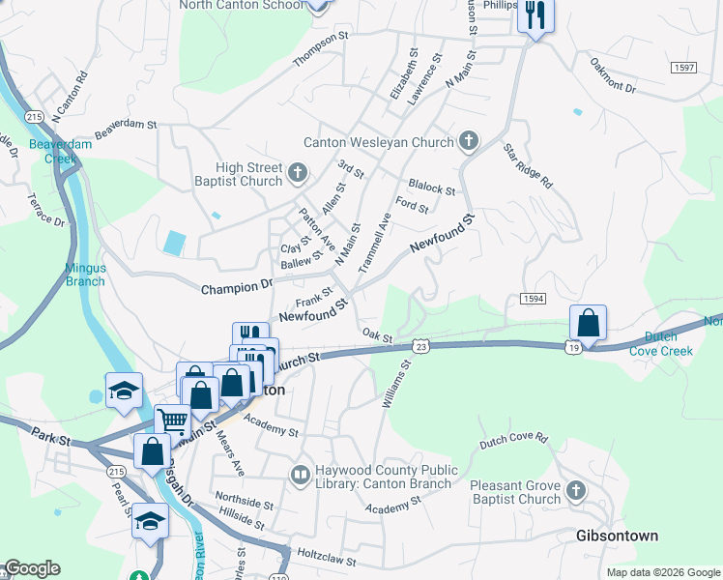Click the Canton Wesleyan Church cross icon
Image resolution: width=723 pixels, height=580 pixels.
[468, 142]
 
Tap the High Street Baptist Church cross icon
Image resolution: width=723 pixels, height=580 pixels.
[298, 175]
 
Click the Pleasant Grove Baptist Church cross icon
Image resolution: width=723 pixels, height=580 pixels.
[575, 490]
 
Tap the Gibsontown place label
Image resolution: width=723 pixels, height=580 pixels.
[617, 536]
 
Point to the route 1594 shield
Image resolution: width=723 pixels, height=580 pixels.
[533, 300]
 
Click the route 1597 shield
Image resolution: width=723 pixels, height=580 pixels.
[683, 66]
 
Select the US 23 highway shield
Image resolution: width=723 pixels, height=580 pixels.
[420, 345]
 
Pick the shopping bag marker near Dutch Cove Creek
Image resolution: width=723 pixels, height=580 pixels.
[588, 324]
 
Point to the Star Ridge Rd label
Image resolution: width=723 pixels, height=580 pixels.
[527, 166]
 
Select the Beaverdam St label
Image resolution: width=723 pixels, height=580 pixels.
[126, 125]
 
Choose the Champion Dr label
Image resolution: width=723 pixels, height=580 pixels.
[237, 287]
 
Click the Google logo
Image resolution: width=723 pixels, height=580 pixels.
[32, 569]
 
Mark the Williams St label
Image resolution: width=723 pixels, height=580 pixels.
[396, 384]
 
